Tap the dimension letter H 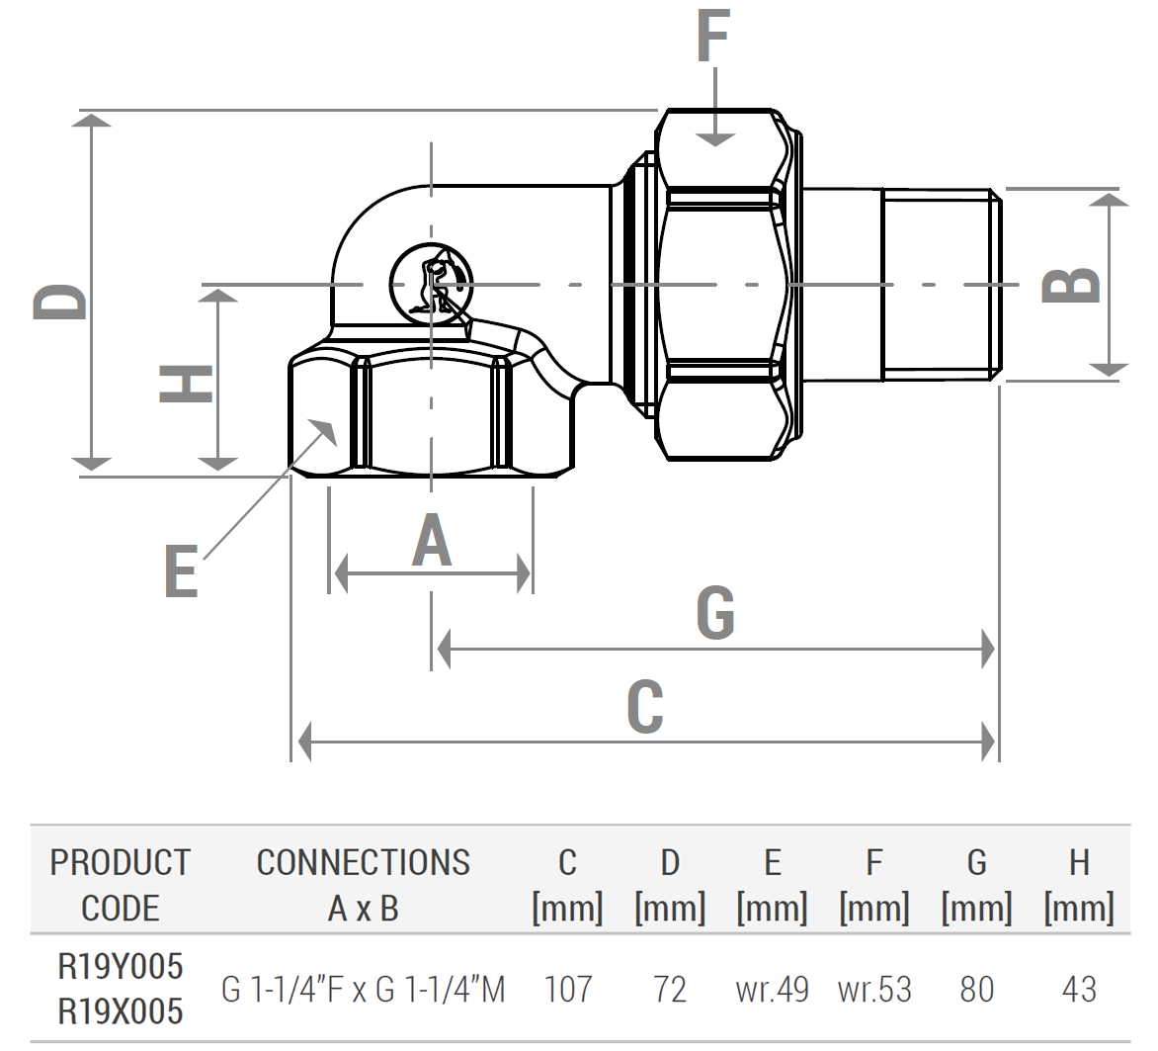[187, 384]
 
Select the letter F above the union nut [712, 38]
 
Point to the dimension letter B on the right [1071, 285]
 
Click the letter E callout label [181, 571]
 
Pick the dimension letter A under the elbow [432, 542]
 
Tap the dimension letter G [715, 613]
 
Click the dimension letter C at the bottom [644, 707]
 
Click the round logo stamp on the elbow [431, 283]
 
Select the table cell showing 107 [568, 989]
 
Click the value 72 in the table [670, 989]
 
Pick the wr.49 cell [772, 989]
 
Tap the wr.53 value [874, 989]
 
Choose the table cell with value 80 [976, 989]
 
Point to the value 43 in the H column [1079, 989]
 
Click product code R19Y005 [121, 966]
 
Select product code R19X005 [121, 1011]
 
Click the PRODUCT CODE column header [121, 885]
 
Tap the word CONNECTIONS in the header [364, 863]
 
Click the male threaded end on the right [941, 285]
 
